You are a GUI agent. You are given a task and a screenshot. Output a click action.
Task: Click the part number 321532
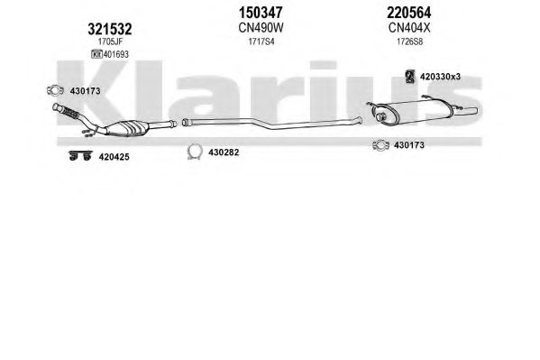pos(109,29)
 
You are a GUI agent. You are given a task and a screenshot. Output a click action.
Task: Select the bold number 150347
pos(261,13)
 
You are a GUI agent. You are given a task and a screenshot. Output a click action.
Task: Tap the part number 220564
pos(408,13)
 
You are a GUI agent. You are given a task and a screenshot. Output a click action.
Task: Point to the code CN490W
pos(261,28)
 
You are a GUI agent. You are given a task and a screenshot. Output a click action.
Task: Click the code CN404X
pos(409,28)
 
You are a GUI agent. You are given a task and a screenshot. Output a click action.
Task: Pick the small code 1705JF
pos(110,42)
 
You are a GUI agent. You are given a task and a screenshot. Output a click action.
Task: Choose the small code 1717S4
pos(261,42)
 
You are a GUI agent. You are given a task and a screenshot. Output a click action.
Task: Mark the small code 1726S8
pos(409,42)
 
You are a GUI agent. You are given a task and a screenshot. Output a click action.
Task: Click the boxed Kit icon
pos(96,54)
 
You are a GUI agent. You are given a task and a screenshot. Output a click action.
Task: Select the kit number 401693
pos(116,54)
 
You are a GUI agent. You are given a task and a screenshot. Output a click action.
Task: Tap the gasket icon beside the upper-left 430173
pos(55,90)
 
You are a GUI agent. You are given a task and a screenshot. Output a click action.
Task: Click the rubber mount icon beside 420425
pos(80,155)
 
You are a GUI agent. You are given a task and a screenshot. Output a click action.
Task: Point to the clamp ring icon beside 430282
pos(195,152)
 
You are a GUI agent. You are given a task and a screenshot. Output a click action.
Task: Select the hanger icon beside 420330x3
pos(409,76)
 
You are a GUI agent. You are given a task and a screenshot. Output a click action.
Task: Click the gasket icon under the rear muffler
pos(381,145)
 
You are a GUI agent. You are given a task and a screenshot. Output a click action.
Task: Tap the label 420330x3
pos(440,77)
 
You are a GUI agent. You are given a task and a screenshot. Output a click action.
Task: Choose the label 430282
pos(224,152)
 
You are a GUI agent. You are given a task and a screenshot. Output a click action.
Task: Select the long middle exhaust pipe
pos(273,125)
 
